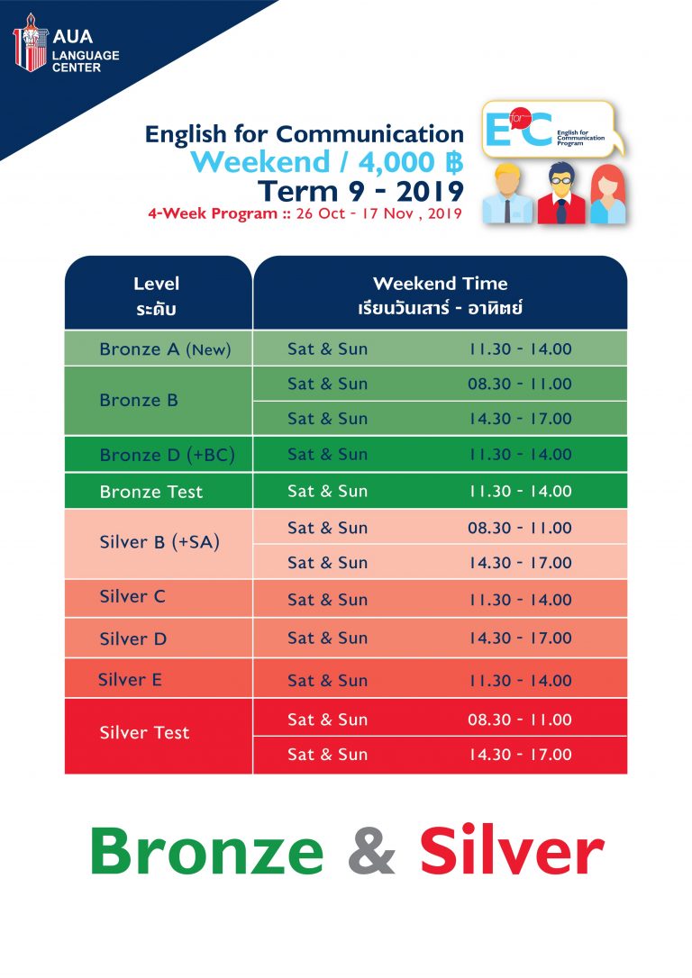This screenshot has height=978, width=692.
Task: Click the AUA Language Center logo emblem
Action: point(30,42)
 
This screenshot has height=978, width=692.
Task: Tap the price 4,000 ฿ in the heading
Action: point(411,162)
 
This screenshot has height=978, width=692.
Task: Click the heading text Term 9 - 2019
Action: point(360,191)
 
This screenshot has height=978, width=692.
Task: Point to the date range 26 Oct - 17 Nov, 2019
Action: point(378,213)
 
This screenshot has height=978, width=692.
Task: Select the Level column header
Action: point(156,295)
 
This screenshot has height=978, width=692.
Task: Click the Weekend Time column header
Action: point(440,295)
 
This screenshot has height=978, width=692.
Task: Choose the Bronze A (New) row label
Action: point(166,349)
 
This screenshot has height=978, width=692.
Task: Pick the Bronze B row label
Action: point(139,400)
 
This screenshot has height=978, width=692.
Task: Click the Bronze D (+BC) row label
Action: point(168,455)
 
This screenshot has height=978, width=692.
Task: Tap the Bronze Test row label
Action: point(151,492)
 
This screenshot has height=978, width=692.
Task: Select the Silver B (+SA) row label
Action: point(159,542)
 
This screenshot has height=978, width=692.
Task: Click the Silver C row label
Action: point(132,596)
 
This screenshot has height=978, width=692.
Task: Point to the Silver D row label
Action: point(133,638)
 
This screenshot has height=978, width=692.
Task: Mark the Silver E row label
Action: point(130,679)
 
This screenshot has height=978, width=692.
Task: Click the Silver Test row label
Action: point(144,732)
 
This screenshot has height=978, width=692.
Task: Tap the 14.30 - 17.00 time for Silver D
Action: point(520,638)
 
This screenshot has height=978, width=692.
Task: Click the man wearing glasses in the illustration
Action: point(561,193)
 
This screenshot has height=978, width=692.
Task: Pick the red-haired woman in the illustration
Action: point(608,194)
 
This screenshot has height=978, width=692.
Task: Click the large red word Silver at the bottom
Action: point(512,851)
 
